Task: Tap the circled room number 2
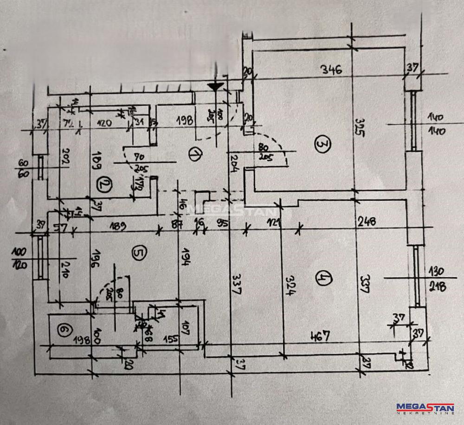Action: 103,186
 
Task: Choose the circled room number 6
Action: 64,330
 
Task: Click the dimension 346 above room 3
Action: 332,70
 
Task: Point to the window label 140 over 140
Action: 437,124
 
